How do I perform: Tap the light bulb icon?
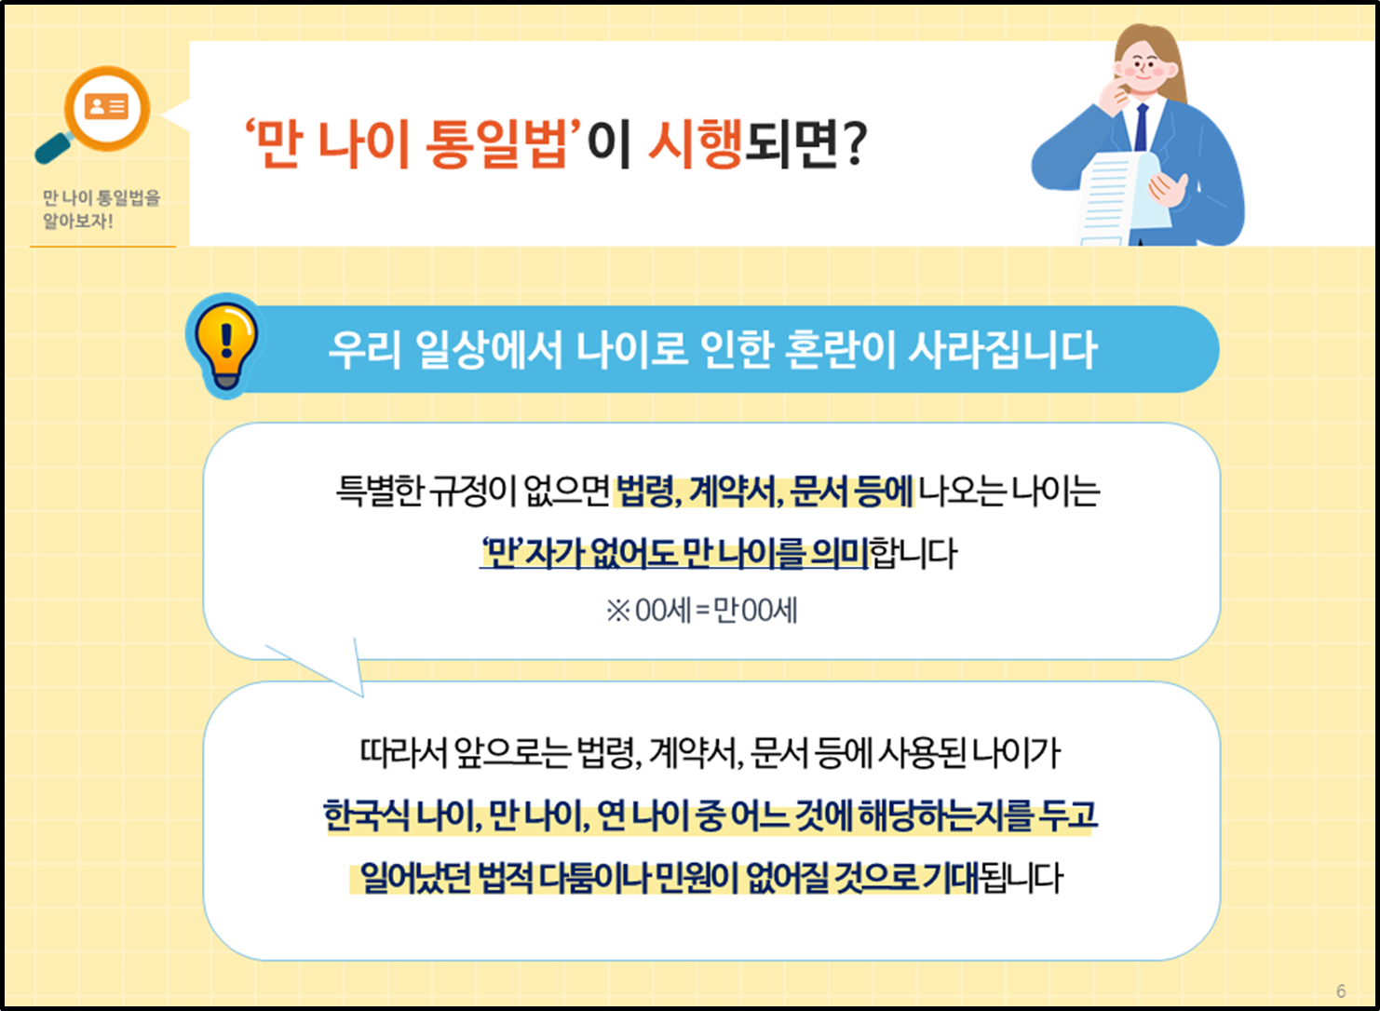(224, 345)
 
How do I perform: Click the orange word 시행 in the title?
(695, 144)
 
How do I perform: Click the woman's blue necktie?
(1141, 128)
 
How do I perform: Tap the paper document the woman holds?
(1122, 200)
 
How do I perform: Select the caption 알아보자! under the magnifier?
(78, 222)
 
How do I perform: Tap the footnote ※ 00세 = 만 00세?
(701, 611)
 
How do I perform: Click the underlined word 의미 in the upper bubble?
(839, 554)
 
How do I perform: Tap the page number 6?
(1341, 991)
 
